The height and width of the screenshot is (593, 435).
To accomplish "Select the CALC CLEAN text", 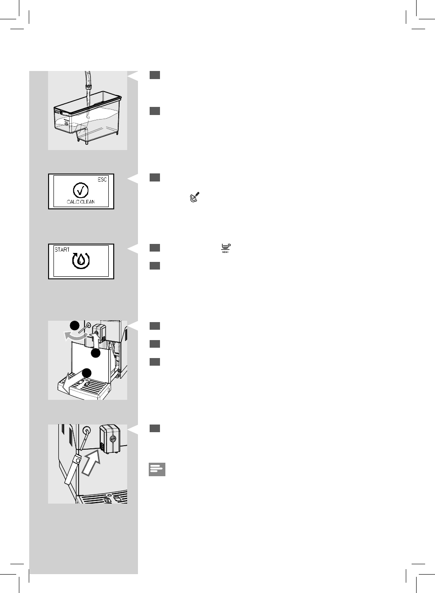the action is click(x=81, y=202).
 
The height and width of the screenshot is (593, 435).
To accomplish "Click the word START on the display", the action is click(x=62, y=249).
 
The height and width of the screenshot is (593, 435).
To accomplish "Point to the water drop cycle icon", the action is click(x=81, y=261).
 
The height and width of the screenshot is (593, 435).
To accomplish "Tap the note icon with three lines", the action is click(x=157, y=469).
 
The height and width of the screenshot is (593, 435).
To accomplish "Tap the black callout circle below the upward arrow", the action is click(x=95, y=354).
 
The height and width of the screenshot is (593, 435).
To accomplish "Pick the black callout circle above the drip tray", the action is click(x=87, y=373).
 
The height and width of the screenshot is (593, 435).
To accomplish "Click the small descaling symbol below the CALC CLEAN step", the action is click(x=194, y=197).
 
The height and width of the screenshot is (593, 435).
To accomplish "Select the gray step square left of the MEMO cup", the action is click(x=155, y=248).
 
